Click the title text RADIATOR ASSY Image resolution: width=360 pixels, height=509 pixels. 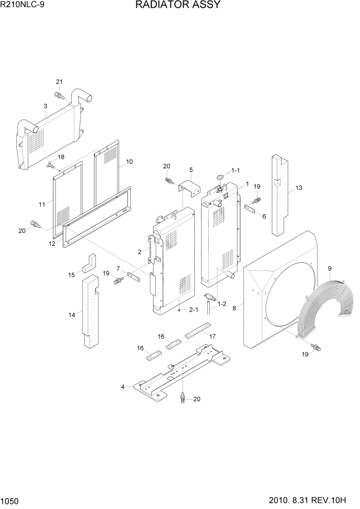pyautogui.click(x=178, y=5)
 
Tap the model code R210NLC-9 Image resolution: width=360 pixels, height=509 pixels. pyautogui.click(x=23, y=5)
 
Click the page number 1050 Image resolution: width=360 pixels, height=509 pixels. pyautogui.click(x=10, y=500)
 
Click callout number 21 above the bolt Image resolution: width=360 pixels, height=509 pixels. pyautogui.click(x=59, y=82)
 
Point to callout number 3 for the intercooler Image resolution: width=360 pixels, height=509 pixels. pyautogui.click(x=45, y=106)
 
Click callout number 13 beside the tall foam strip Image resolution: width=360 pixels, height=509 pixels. pyautogui.click(x=299, y=188)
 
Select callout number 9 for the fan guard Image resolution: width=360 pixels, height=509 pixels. pyautogui.click(x=330, y=268)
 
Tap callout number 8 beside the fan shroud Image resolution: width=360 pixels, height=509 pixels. pyautogui.click(x=234, y=308)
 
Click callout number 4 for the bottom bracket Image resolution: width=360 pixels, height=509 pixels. pyautogui.click(x=123, y=386)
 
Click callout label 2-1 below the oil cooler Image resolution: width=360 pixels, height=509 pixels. pyautogui.click(x=193, y=309)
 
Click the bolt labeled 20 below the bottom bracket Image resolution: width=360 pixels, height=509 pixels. pyautogui.click(x=183, y=398)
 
